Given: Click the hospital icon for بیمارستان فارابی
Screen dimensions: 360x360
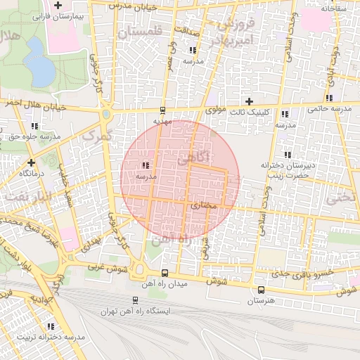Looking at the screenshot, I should pos(58,6).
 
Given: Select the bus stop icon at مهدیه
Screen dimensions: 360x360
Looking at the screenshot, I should pos(163,110).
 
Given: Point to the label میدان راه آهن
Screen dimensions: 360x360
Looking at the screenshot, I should pos(164,283).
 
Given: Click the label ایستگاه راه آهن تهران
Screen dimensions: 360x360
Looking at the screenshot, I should pos(136,311).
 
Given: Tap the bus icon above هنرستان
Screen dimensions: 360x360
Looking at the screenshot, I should pos(261,290).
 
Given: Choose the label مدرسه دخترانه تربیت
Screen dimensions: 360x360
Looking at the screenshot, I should pos(50,337).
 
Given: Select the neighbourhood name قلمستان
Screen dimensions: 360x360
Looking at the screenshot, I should pos(140,32).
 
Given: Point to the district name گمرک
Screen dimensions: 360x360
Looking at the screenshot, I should pos(98,136).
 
